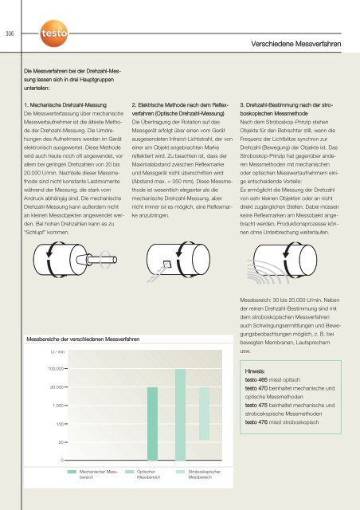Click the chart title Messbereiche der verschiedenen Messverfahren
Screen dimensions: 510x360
(x=94, y=339)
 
